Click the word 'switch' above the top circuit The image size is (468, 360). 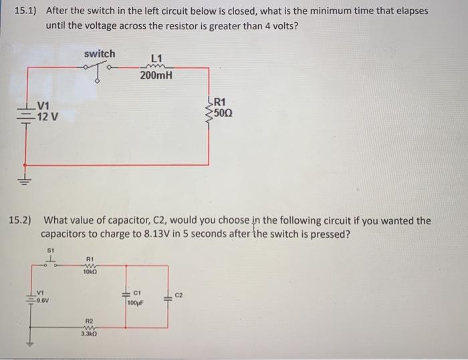coord(100,53)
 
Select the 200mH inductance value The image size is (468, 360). coord(156,75)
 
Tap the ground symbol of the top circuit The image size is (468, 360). coord(26,179)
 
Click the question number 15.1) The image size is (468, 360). coord(26,12)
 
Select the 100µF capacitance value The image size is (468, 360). coord(136,303)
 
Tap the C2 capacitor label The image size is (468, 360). coord(178,293)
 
